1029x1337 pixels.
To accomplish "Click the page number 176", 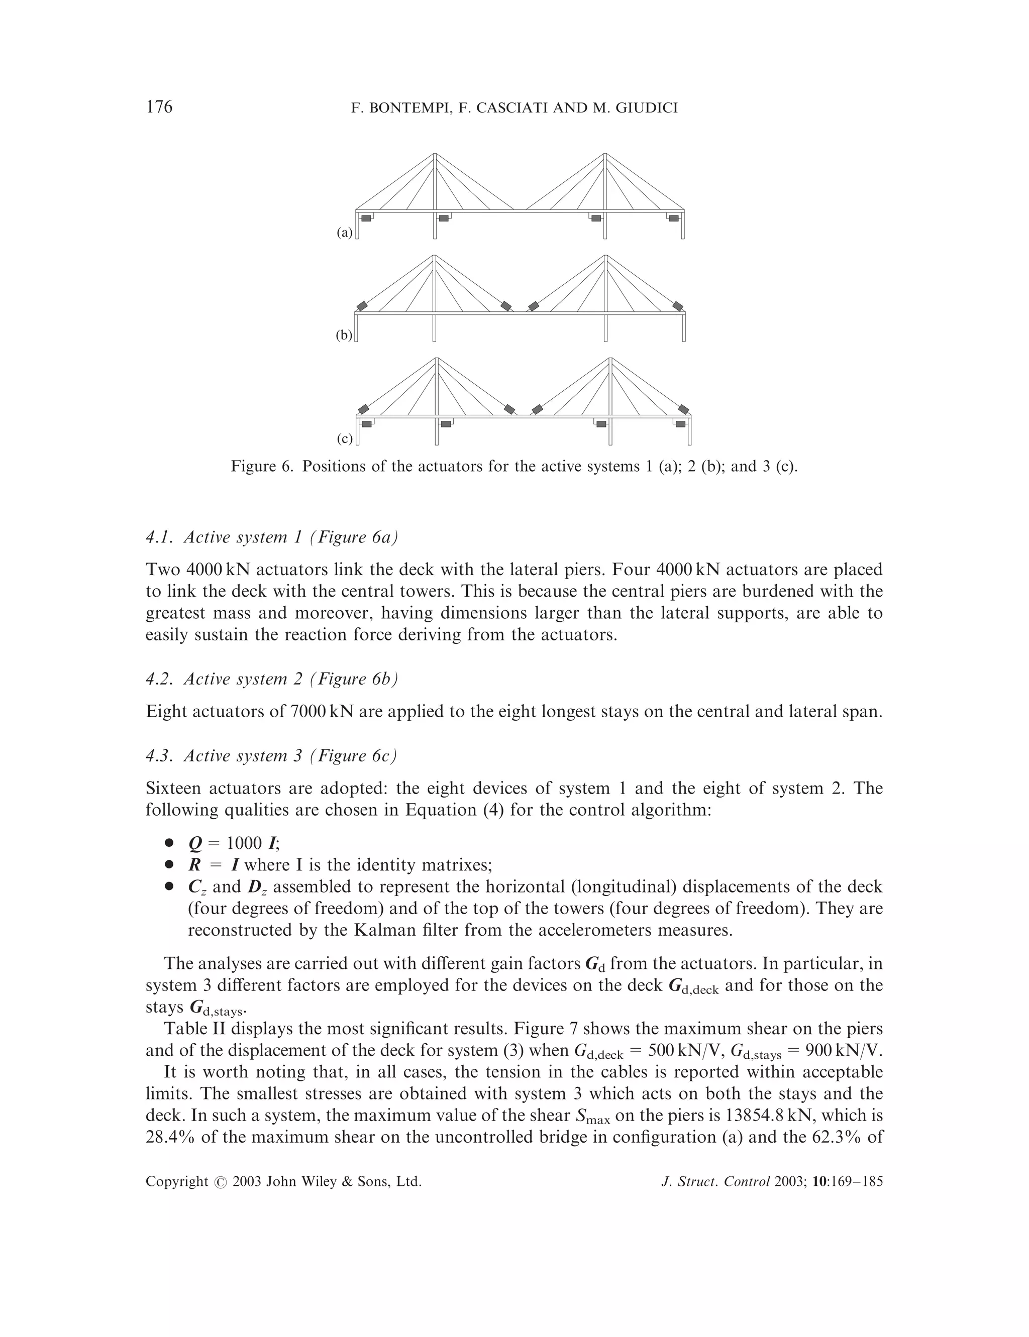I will (x=159, y=107).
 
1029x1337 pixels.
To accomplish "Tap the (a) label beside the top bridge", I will (x=344, y=233).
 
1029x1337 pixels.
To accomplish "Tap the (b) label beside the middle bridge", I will (x=344, y=335).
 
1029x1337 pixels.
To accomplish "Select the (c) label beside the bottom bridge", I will (x=344, y=439).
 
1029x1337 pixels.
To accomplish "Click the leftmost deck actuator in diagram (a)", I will (x=366, y=218).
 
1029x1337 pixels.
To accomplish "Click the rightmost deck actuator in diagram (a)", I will (x=674, y=218).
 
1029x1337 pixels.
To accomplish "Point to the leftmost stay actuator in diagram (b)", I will (x=363, y=305).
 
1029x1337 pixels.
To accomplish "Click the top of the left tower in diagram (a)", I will (x=434, y=154).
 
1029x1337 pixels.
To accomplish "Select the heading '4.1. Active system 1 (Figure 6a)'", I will (x=272, y=537).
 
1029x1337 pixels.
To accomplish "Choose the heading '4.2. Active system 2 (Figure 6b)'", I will (x=272, y=679).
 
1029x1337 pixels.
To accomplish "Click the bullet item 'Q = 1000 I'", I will (x=234, y=844).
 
